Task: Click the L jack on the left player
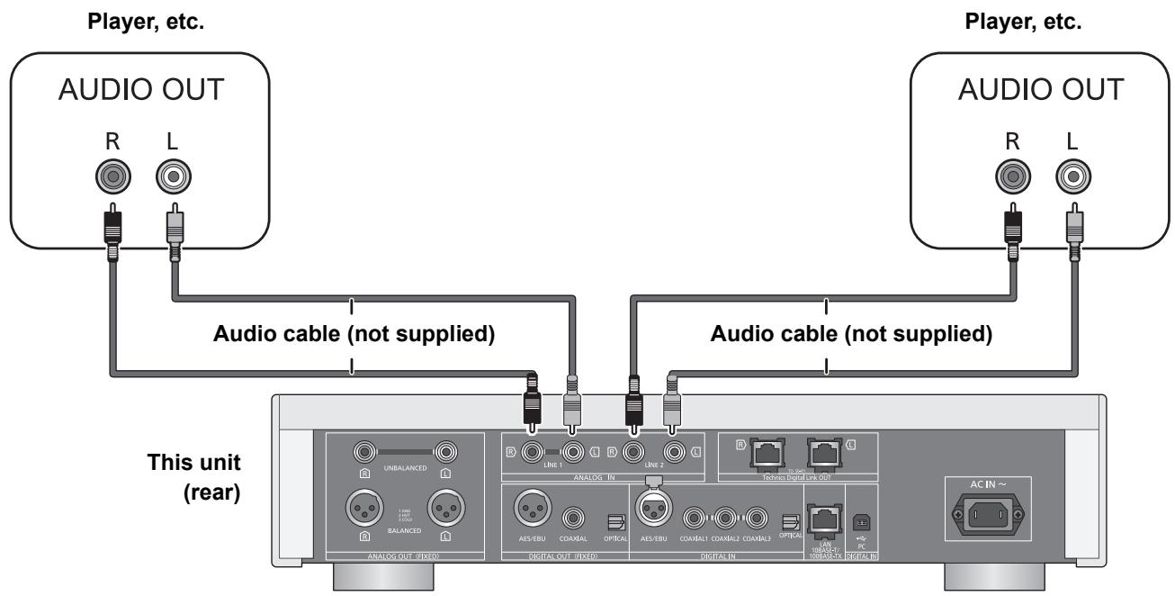point(173,176)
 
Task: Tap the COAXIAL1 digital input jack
point(693,519)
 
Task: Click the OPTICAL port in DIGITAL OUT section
point(616,521)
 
